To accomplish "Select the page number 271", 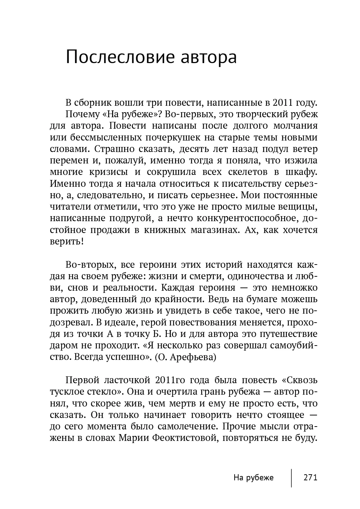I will coord(310,478).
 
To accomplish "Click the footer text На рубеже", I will coord(253,478).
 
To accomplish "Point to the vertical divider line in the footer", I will coord(291,478).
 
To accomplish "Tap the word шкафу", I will coord(301,172).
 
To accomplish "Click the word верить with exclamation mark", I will coord(67,241).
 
